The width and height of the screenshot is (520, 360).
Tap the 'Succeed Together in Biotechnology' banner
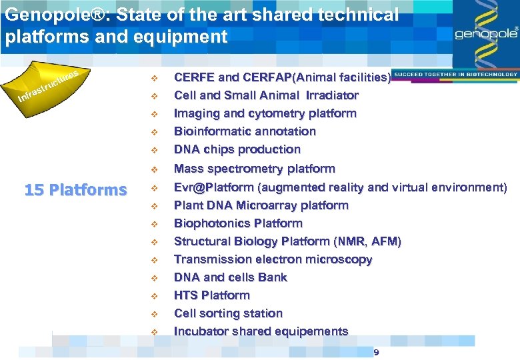455,74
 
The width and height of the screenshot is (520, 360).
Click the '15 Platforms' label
75,190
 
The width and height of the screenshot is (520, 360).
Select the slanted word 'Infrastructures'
49,86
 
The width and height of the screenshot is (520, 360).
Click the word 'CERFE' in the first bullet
194,77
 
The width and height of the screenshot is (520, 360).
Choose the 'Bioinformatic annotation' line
245,131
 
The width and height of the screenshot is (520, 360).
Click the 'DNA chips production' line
237,149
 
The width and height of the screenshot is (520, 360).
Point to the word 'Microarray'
267,205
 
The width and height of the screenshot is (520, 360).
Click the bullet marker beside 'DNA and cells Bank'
153,278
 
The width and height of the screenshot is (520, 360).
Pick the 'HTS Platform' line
211,295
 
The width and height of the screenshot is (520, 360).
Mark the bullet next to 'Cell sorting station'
153,314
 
